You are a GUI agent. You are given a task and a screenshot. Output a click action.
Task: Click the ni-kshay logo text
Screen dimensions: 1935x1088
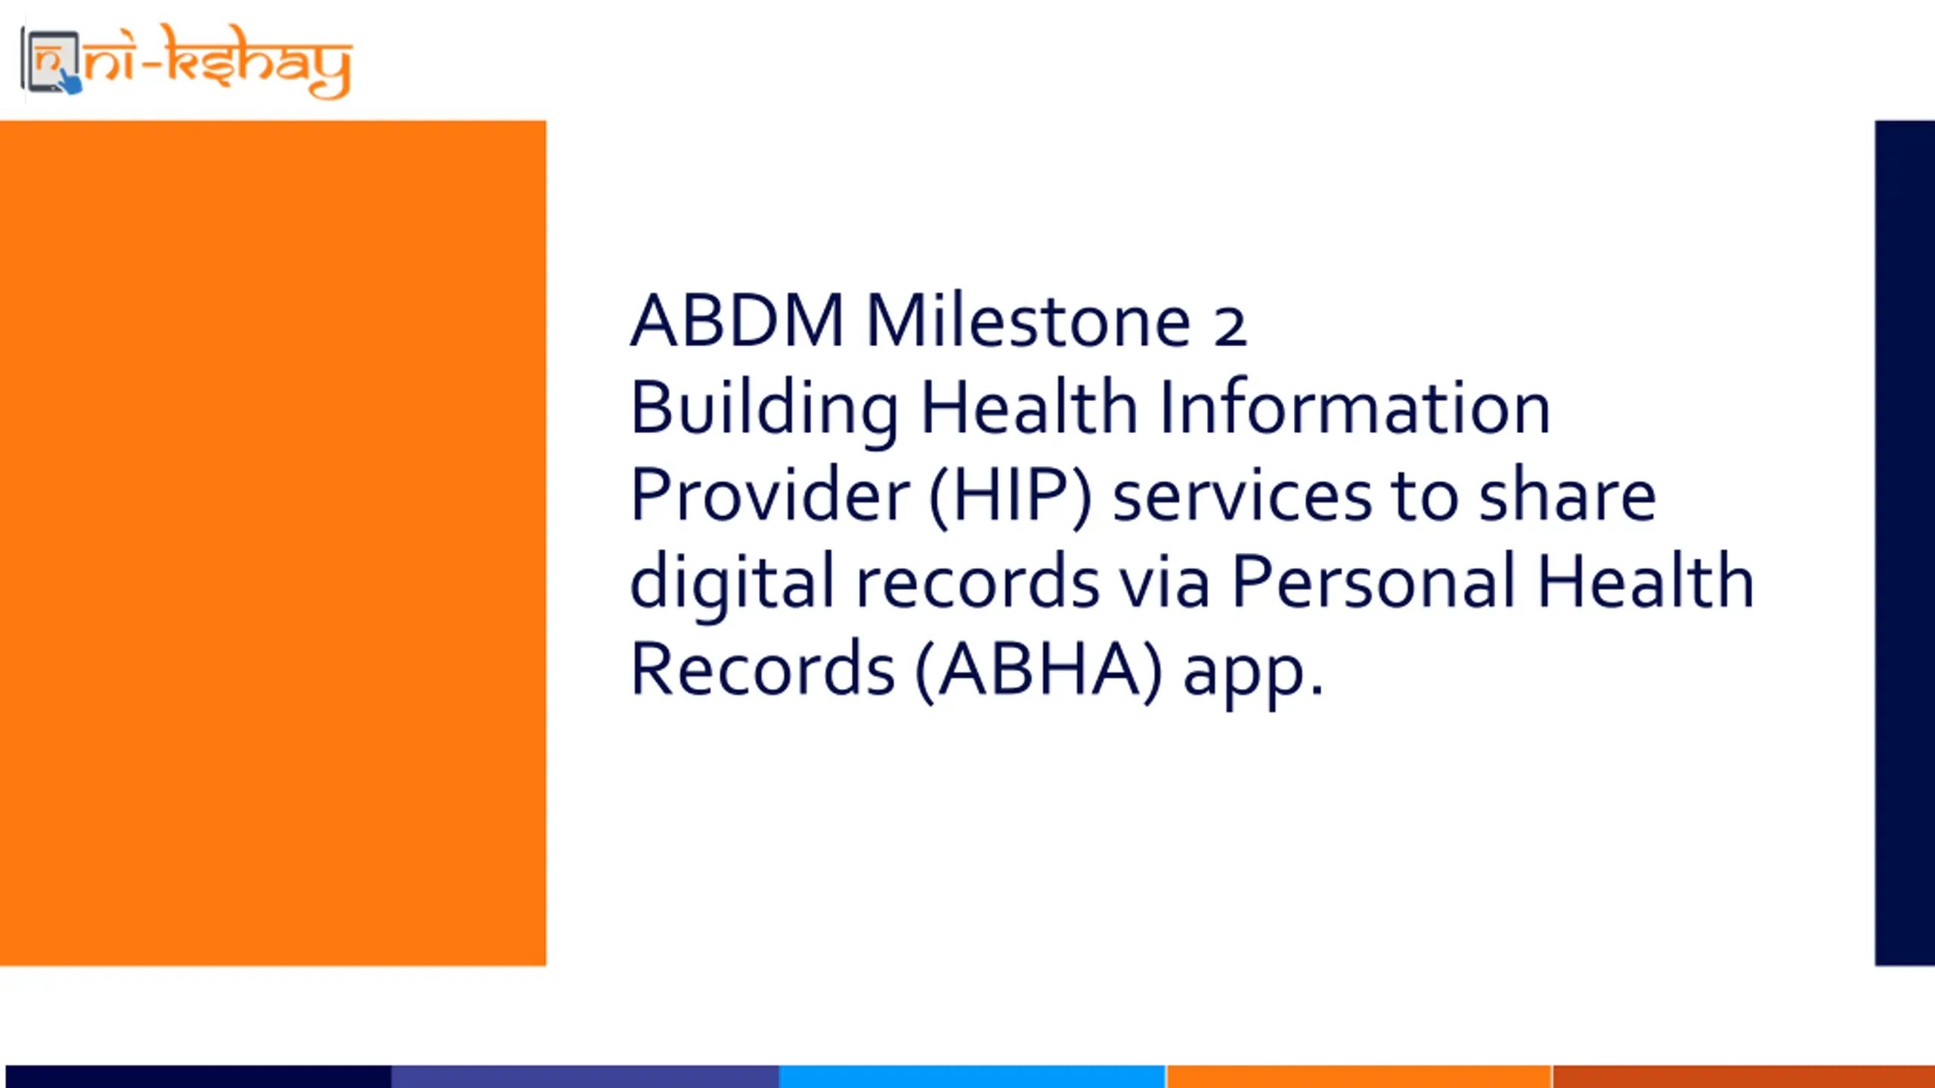point(218,62)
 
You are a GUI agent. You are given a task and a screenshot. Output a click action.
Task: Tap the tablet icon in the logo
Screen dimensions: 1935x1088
point(51,62)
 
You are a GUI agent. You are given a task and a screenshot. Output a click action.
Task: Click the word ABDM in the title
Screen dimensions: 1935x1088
point(737,320)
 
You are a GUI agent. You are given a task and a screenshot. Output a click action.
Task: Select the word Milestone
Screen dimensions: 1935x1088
point(1028,320)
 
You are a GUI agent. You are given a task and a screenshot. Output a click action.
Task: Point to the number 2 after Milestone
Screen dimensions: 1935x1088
point(1230,327)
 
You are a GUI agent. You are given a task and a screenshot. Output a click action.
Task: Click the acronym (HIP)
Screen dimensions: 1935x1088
point(1011,496)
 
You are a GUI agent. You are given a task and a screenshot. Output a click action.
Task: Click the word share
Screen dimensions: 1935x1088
point(1567,494)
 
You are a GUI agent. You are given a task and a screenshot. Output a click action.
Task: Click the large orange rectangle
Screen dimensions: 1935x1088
point(273,542)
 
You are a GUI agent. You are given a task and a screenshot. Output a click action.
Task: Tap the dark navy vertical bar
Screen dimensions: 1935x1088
point(1905,542)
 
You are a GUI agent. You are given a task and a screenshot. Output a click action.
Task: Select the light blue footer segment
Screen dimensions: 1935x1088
point(972,1077)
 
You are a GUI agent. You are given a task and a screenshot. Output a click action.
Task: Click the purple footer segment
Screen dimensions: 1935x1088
point(585,1077)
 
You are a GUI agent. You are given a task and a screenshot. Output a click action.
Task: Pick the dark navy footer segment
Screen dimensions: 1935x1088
point(198,1077)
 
